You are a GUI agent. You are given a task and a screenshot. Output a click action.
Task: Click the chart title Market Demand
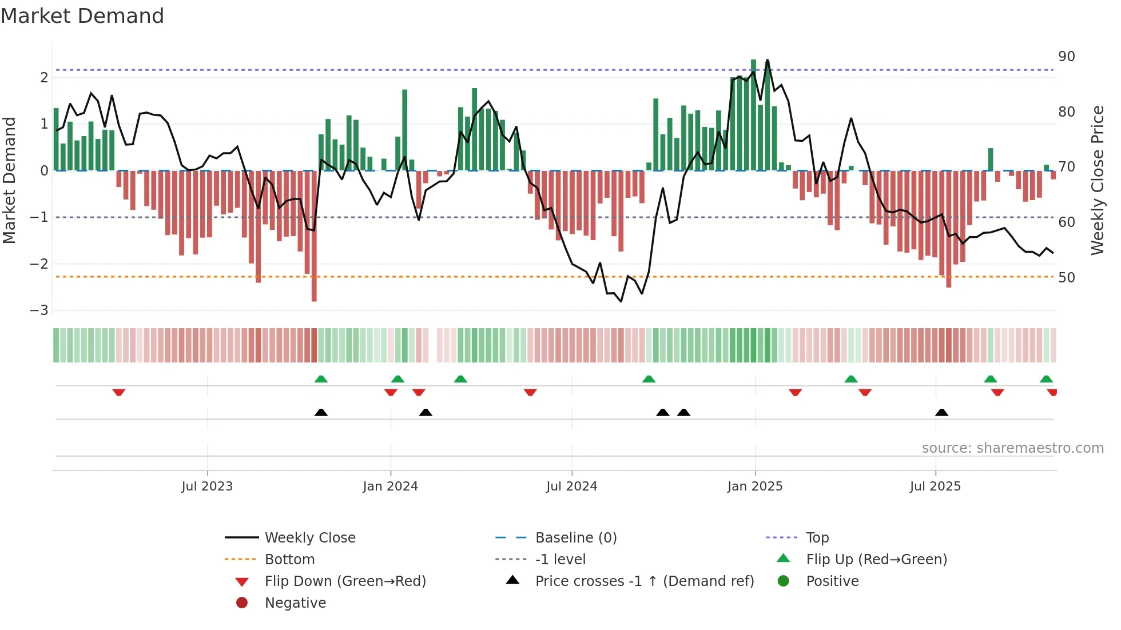pos(82,16)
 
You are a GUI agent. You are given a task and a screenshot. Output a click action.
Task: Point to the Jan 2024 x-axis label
pos(390,487)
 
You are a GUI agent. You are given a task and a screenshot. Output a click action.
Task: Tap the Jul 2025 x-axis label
pos(935,487)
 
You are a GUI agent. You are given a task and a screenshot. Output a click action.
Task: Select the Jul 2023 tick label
pos(207,487)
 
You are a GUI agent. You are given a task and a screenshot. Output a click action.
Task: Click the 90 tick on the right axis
pos(1066,57)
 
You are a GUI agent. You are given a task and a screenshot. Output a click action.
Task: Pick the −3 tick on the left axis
pos(39,310)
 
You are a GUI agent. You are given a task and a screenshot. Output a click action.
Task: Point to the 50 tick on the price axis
pos(1066,278)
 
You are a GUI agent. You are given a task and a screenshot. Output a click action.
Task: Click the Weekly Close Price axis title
pos(1097,180)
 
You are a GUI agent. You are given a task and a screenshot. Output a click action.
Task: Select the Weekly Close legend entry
pos(309,538)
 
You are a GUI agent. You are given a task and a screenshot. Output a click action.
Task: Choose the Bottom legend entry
pos(289,560)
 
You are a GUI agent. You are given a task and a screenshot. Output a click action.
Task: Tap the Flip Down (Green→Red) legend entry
pos(345,581)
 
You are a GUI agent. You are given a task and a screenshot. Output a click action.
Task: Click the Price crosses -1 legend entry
pos(644,581)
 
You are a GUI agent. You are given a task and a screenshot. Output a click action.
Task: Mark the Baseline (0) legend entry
pos(575,538)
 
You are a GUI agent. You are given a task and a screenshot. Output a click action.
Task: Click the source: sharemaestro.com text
pos(1012,448)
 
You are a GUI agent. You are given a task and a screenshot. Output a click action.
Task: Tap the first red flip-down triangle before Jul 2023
pos(119,392)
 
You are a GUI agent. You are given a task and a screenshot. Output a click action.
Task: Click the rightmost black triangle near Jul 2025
pos(941,412)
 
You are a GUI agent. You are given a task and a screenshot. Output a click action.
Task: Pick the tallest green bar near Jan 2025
pos(753,114)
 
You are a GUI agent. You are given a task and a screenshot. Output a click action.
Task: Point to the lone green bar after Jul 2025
pos(991,160)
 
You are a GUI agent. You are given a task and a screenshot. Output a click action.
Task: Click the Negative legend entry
pos(295,603)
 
